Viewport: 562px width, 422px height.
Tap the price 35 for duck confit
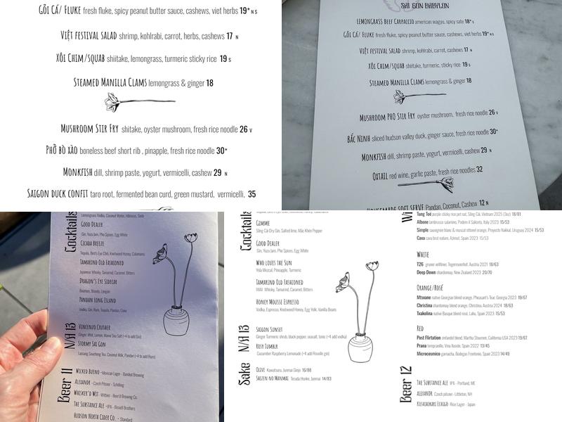click(x=251, y=194)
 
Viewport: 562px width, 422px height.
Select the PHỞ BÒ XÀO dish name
click(x=69, y=151)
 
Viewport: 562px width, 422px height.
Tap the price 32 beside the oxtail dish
click(x=479, y=170)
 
